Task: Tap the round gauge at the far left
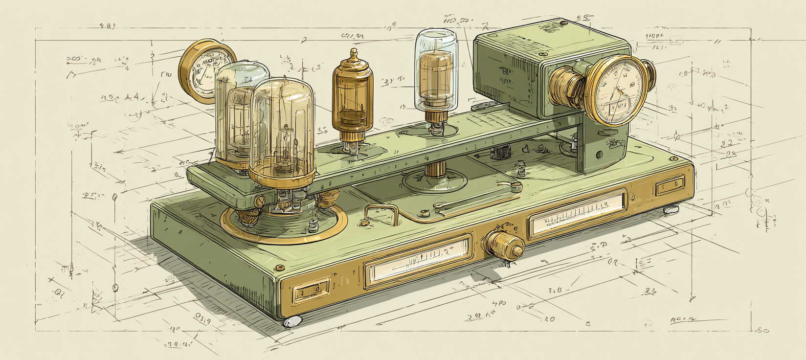pos(204,70)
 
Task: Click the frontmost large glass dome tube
pos(282,130)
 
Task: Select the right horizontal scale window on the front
pos(577,213)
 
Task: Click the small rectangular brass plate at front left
pos(312,292)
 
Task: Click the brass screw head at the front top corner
pos(280,268)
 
